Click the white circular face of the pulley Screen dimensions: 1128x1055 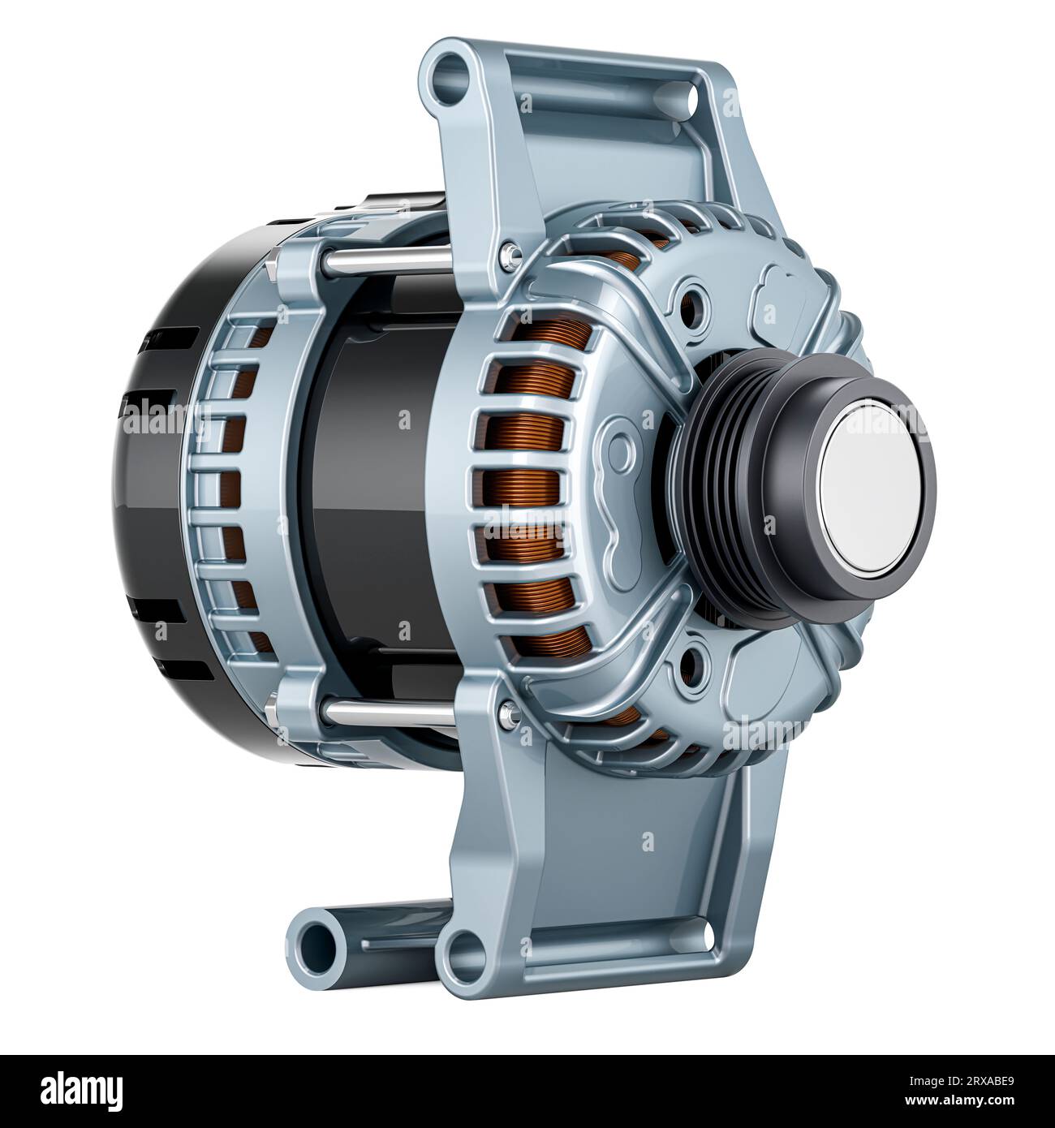point(868,492)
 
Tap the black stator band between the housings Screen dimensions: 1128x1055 point(365,479)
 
